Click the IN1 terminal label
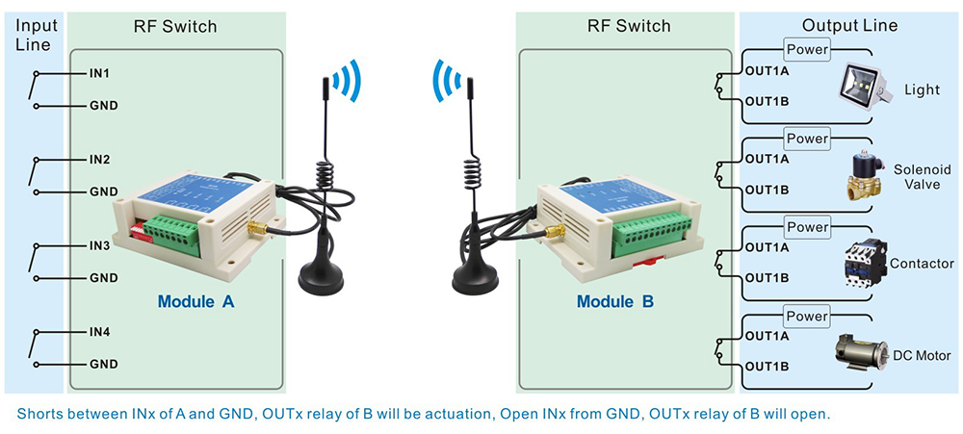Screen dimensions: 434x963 tap(99, 73)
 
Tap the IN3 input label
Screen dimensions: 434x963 tap(99, 246)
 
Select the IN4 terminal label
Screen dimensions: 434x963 tap(99, 333)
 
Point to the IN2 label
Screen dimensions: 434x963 tap(99, 159)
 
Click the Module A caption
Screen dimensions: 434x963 tap(195, 301)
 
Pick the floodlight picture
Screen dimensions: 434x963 tap(860, 86)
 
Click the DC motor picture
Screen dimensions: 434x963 tap(865, 352)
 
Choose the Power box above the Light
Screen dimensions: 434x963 tap(807, 49)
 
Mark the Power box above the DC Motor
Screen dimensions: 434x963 tap(807, 317)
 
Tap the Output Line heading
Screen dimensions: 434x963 tap(849, 26)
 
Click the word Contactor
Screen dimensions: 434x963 tap(922, 263)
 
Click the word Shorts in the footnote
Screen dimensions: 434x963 tap(40, 414)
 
